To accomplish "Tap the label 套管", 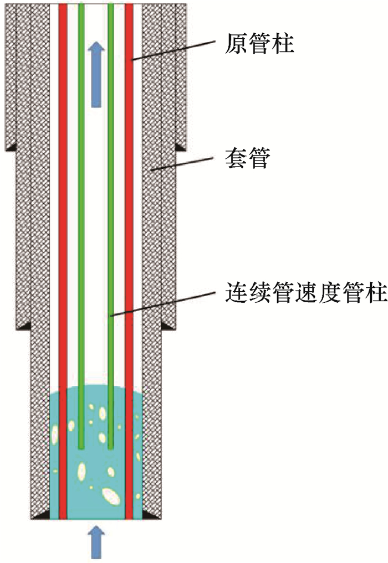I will (x=248, y=160).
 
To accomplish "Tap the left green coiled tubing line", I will (x=81, y=221).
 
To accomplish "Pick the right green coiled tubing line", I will (x=111, y=221).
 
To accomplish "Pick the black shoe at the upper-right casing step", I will (x=180, y=147).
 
